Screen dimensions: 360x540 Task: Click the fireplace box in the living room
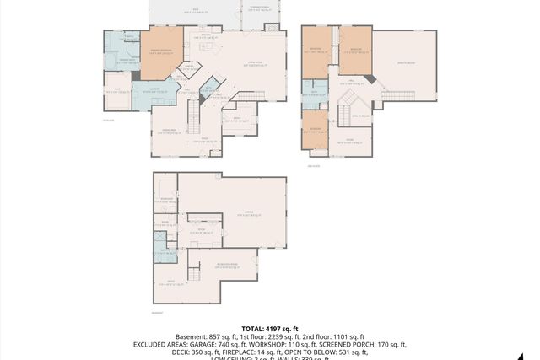coord(272,28)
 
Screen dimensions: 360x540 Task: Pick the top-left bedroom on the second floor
coord(317,51)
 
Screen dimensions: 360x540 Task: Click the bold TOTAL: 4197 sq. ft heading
coord(270,328)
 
